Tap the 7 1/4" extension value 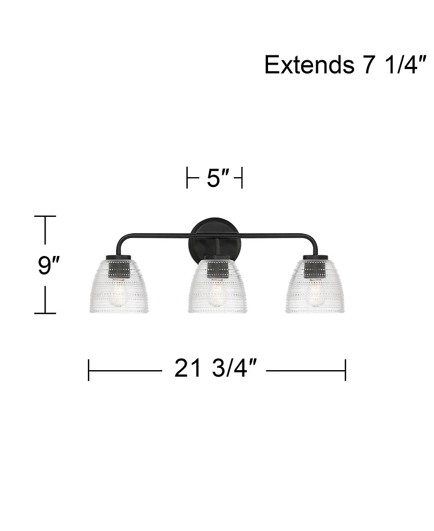coord(388,65)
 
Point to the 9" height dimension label coord(47,265)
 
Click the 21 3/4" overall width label coord(215,370)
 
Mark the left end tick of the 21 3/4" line coord(88,370)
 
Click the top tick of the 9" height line coord(45,216)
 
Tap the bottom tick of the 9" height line coord(45,313)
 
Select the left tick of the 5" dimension coord(187,178)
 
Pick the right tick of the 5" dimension coord(241,178)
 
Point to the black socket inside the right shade coord(314,269)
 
